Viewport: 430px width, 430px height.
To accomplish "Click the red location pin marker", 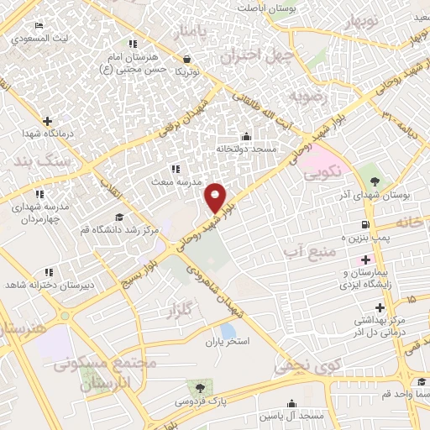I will pos(216,197).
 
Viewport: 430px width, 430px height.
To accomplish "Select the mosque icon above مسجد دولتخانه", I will pos(246,136).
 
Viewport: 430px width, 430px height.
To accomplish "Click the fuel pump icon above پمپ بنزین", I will pos(365,224).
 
